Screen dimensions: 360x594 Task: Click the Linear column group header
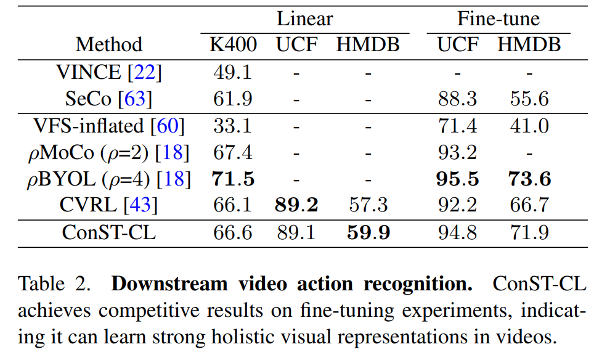(304, 18)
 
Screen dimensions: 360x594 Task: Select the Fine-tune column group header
(498, 18)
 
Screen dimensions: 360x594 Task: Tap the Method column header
(108, 45)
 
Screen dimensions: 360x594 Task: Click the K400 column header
(233, 45)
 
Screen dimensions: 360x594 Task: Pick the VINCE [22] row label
(108, 72)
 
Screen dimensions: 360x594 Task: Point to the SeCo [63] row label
(108, 99)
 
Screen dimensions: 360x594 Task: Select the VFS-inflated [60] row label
(108, 126)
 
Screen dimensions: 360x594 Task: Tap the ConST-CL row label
(108, 233)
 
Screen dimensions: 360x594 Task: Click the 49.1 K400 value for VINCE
(233, 72)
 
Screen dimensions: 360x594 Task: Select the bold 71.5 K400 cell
(233, 179)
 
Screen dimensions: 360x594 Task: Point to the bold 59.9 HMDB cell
(367, 233)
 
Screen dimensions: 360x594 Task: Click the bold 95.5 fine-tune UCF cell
(457, 179)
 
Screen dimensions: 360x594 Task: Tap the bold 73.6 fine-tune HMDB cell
(529, 179)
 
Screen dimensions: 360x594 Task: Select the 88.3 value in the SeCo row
(457, 99)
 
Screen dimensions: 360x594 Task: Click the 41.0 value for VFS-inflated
(529, 126)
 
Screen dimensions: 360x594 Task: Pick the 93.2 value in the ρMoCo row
(457, 152)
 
